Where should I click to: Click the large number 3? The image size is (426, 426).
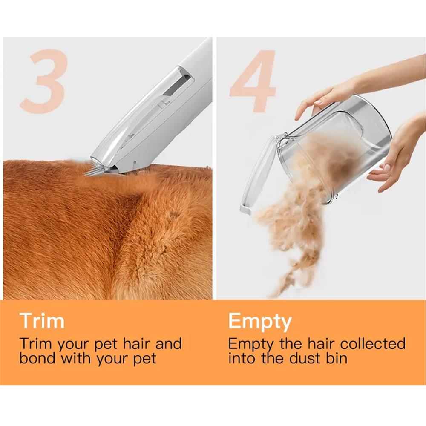click(x=43, y=81)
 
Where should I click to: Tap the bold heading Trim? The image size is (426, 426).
click(x=42, y=321)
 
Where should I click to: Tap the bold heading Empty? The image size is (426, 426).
click(x=260, y=322)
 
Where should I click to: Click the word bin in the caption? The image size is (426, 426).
click(x=337, y=358)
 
